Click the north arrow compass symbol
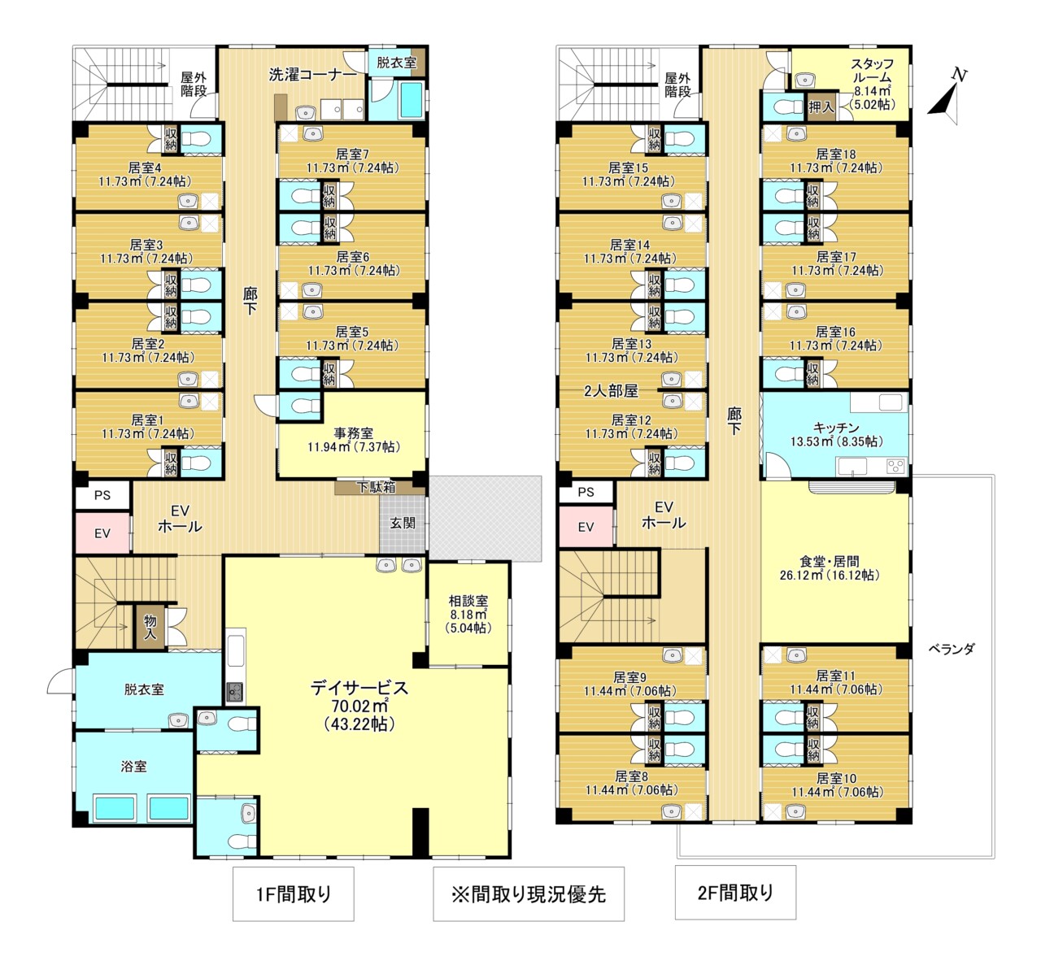(946, 100)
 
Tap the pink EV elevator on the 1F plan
(102, 532)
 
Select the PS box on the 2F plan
(586, 492)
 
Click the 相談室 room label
(468, 601)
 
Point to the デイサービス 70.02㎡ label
(359, 705)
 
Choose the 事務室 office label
(353, 433)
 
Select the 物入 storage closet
(150, 628)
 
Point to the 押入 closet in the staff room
(821, 107)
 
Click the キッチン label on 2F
(836, 428)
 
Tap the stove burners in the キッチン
(895, 466)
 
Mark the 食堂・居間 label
(830, 562)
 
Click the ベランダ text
(952, 650)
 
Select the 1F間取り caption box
(294, 893)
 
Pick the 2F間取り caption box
(735, 892)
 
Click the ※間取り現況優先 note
(529, 893)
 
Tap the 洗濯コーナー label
(312, 75)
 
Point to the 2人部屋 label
(612, 390)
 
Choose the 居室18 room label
(836, 154)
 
